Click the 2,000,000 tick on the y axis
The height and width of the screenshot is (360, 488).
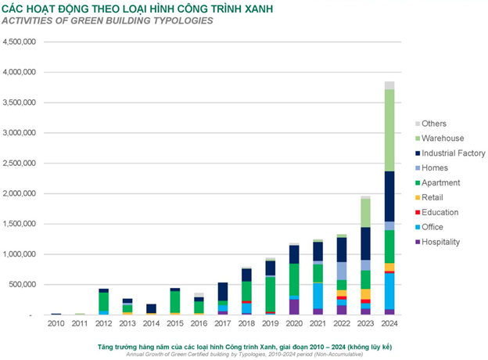pos(21,193)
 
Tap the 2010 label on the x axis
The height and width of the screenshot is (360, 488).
pos(56,322)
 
